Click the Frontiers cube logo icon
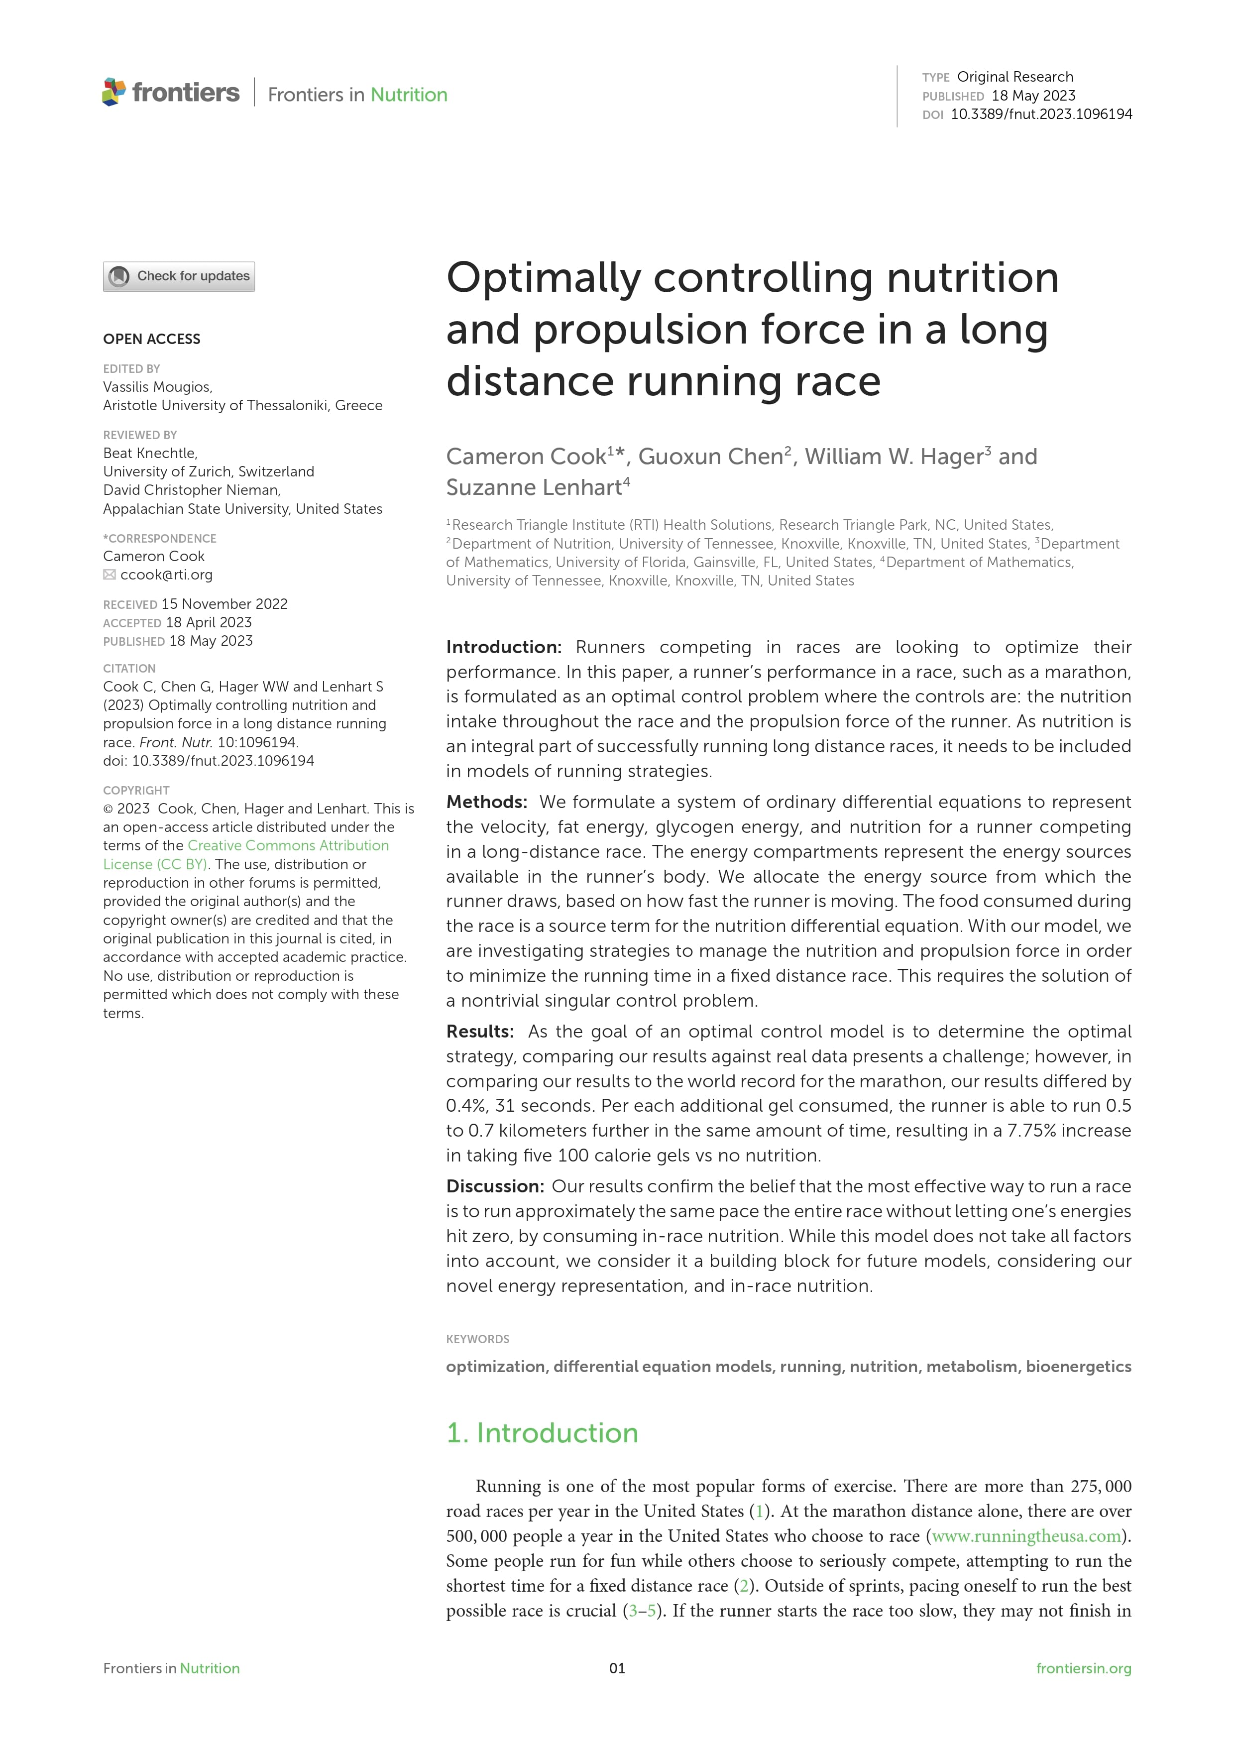113,92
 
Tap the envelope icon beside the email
110,575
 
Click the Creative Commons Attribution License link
246,854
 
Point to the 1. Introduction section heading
542,1433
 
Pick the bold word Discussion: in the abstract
495,1186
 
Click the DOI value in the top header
1041,114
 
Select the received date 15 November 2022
225,604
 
